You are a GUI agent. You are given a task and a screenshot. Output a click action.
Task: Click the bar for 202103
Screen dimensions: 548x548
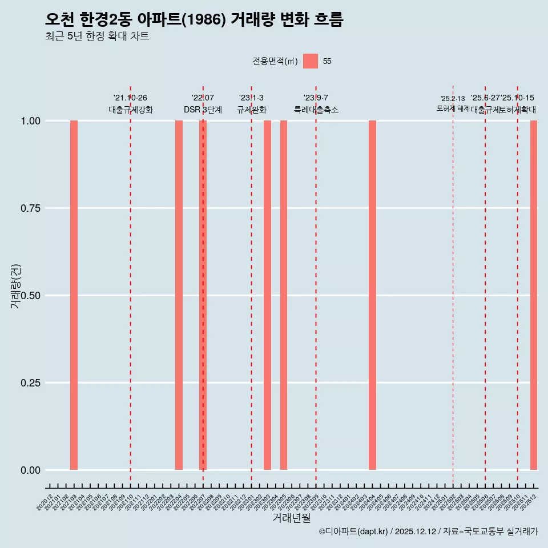click(x=74, y=295)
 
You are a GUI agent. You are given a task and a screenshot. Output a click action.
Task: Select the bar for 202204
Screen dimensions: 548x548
click(x=179, y=295)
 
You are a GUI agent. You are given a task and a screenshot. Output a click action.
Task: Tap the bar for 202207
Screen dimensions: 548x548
click(x=203, y=295)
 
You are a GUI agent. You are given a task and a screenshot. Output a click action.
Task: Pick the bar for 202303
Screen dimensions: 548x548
click(x=267, y=295)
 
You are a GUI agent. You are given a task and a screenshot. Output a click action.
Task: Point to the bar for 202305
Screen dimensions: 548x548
click(x=284, y=295)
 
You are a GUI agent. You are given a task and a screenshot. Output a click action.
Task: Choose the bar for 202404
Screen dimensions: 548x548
click(x=372, y=295)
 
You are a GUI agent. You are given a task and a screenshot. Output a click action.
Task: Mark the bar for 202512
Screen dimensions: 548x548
click(x=534, y=295)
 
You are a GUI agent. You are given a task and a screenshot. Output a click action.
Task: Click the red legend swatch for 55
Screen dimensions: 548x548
click(x=311, y=61)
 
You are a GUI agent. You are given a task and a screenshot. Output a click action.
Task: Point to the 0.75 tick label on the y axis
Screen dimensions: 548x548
click(x=29, y=208)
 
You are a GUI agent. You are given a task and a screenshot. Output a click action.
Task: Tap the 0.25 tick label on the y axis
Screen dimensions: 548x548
click(x=29, y=383)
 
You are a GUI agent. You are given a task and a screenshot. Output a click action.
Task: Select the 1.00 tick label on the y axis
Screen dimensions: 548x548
click(x=29, y=121)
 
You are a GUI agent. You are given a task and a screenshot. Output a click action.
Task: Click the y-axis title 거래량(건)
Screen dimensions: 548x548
click(x=16, y=286)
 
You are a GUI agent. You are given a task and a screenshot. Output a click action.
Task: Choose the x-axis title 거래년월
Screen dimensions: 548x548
click(x=292, y=518)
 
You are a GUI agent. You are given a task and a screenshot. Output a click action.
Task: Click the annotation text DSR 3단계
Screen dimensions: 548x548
click(x=203, y=110)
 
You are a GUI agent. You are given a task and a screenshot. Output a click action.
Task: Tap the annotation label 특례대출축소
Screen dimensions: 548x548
click(x=316, y=110)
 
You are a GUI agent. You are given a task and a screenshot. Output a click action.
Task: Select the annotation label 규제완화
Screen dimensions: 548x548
click(x=252, y=110)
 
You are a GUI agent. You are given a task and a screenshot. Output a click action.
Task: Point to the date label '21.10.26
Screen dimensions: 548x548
click(x=130, y=98)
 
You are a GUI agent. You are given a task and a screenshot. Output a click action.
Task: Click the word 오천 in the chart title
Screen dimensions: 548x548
click(x=59, y=20)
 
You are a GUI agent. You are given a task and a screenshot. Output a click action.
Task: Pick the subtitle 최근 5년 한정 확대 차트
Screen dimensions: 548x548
click(x=97, y=37)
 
